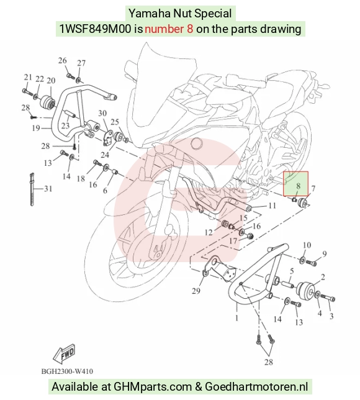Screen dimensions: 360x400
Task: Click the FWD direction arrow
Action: (x=65, y=355)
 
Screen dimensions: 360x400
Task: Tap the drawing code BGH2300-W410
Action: (x=67, y=371)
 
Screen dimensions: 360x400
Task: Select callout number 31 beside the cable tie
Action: (x=48, y=189)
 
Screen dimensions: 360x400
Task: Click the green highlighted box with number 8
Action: (x=295, y=184)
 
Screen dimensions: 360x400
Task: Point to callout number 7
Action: (x=313, y=189)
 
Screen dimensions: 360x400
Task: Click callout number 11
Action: (x=272, y=206)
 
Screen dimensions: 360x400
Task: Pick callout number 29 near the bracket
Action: (x=196, y=291)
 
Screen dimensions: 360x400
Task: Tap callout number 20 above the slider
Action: (x=51, y=81)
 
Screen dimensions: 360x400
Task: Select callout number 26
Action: (x=63, y=61)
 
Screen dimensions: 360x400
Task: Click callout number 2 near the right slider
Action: (x=323, y=277)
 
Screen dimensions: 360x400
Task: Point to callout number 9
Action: (x=324, y=254)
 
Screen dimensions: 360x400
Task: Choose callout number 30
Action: (x=102, y=113)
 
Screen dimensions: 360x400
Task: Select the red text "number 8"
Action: (x=169, y=29)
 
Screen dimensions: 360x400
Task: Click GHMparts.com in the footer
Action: (x=153, y=387)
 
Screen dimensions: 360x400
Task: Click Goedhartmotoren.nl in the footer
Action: (x=256, y=386)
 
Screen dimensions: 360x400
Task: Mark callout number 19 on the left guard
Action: (x=36, y=128)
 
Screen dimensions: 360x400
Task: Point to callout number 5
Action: (x=292, y=271)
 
